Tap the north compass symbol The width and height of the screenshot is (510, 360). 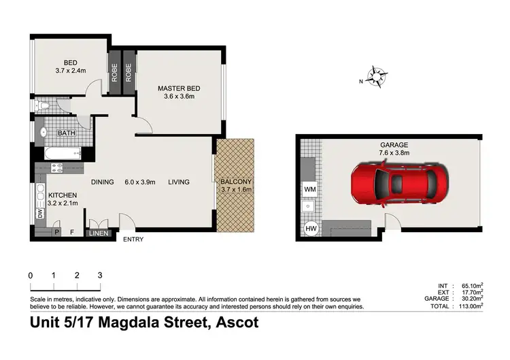[375, 76]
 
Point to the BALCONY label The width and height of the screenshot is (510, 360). [236, 182]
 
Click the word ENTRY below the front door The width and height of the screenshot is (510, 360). [133, 240]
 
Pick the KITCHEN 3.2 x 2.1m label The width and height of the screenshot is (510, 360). [62, 199]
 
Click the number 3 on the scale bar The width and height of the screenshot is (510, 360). [100, 276]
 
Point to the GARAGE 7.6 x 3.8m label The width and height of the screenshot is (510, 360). [394, 149]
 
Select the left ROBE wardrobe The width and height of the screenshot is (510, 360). [115, 72]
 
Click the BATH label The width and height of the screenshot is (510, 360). [66, 133]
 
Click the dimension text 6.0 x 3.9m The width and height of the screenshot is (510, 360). [140, 182]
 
